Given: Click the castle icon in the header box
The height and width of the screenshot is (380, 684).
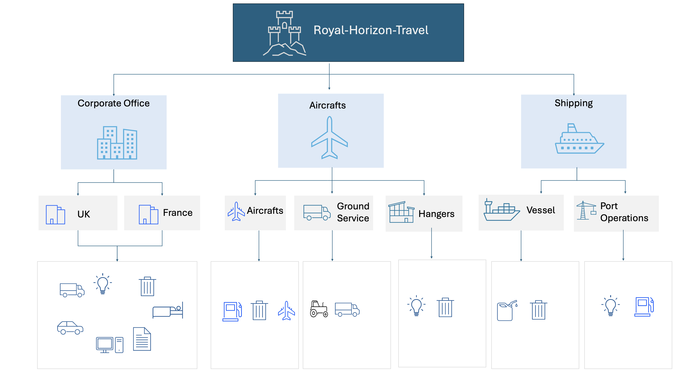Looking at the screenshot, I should pyautogui.click(x=284, y=33).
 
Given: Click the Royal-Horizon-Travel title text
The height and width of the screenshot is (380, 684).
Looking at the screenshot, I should pyautogui.click(x=371, y=30).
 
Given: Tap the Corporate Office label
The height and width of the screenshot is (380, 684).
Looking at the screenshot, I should pyautogui.click(x=113, y=103).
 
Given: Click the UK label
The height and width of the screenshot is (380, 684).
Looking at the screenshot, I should pyautogui.click(x=84, y=214).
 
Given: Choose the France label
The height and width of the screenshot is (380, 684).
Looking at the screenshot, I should pyautogui.click(x=178, y=213).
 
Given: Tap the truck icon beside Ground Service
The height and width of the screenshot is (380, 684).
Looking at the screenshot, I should pyautogui.click(x=317, y=213).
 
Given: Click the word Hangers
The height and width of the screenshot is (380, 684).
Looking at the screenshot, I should pyautogui.click(x=436, y=214).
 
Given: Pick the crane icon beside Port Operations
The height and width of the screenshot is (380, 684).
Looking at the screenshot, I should pyautogui.click(x=586, y=210).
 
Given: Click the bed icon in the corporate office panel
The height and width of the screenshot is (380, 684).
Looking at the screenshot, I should pyautogui.click(x=168, y=310).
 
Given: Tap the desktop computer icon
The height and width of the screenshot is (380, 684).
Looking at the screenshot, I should pyautogui.click(x=110, y=345).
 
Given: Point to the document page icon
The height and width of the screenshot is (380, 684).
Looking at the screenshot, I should pyautogui.click(x=142, y=339).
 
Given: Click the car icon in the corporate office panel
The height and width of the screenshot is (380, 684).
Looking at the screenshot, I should pyautogui.click(x=70, y=328).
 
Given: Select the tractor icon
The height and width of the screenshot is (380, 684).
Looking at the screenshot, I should pyautogui.click(x=319, y=309).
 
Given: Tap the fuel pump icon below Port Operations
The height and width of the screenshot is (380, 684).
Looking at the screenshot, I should pyautogui.click(x=644, y=307).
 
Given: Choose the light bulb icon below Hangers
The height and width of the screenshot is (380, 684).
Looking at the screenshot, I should pyautogui.click(x=416, y=306).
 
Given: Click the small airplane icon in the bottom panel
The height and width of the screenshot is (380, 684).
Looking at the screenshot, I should pyautogui.click(x=286, y=311).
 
